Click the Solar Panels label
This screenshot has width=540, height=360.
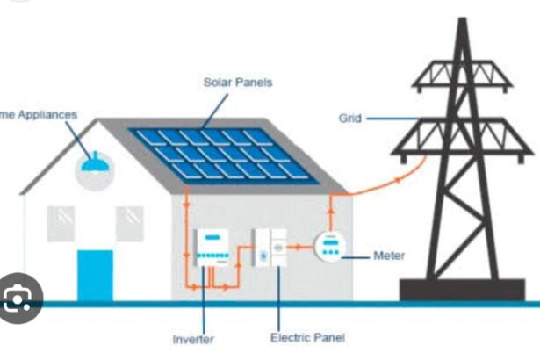point(238,82)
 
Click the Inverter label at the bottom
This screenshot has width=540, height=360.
point(193,339)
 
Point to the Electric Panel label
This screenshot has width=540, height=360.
point(307,337)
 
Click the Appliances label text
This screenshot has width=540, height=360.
point(39,114)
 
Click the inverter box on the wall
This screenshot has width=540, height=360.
point(212,248)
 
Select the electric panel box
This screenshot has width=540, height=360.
point(268,248)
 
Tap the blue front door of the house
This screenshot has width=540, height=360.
point(95,276)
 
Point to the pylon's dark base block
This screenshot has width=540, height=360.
point(463,291)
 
